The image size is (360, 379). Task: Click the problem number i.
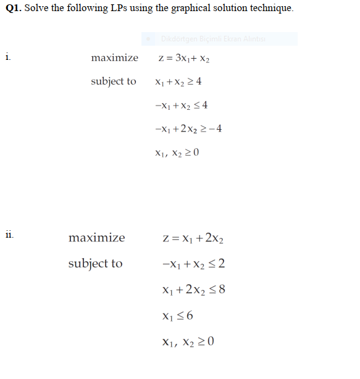(x=7, y=57)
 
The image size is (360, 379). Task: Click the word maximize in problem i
(x=114, y=58)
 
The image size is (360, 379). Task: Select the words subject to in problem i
(x=114, y=81)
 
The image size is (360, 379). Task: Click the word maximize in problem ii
(x=96, y=238)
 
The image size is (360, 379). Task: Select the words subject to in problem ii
(x=95, y=264)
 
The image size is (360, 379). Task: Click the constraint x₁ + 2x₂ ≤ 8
(x=193, y=289)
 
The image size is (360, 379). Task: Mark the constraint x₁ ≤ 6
(x=177, y=315)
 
